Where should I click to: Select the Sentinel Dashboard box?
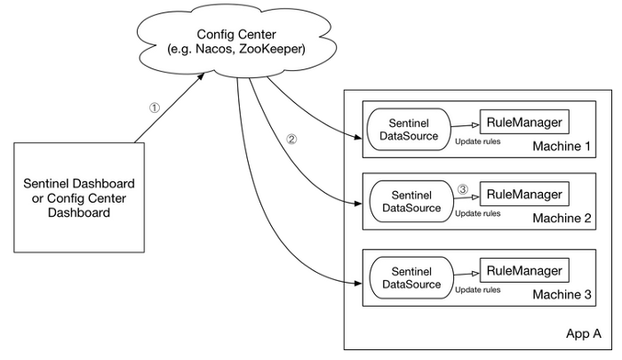click(x=79, y=197)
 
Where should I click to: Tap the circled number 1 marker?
click(x=154, y=107)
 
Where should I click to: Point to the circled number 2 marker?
click(x=291, y=140)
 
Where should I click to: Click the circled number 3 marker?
click(x=462, y=189)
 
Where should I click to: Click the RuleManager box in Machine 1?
click(x=524, y=121)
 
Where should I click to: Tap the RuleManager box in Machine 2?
click(x=524, y=195)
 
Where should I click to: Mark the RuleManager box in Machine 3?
click(x=524, y=271)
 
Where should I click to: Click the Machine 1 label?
click(x=561, y=145)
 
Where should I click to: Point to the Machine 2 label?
click(x=561, y=219)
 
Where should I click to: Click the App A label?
click(x=584, y=334)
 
